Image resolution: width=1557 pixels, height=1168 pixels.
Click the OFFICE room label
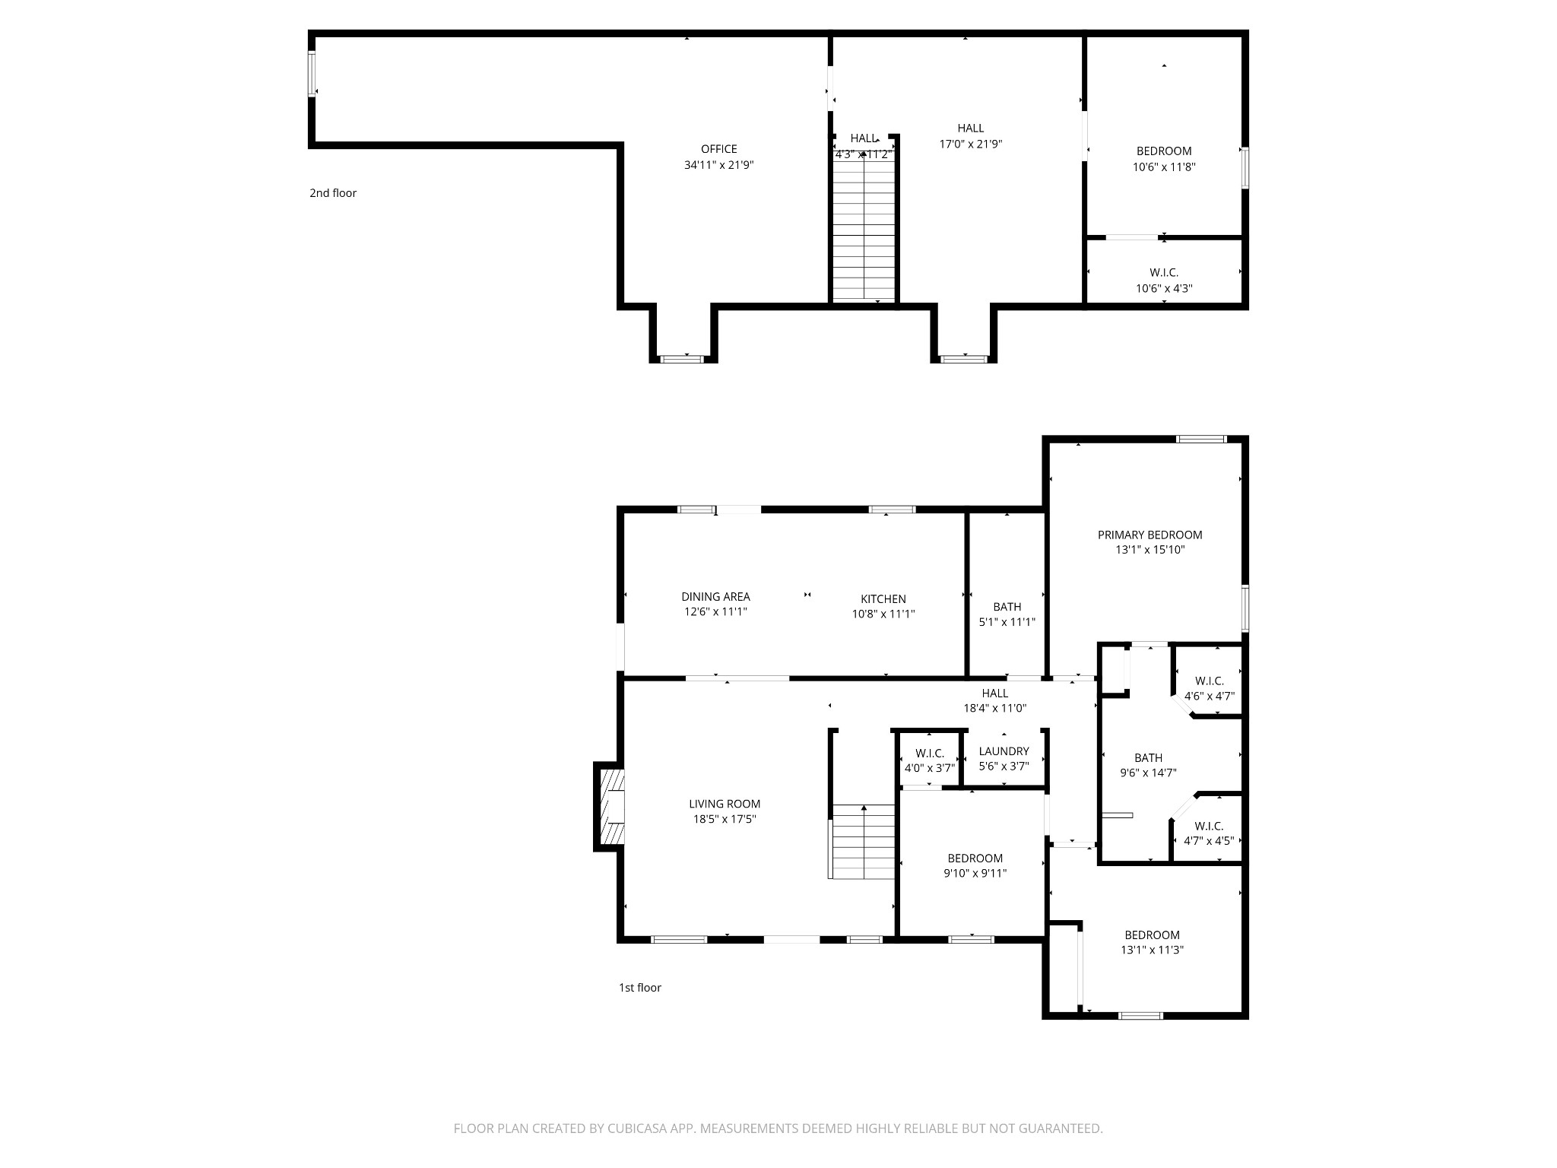[718, 149]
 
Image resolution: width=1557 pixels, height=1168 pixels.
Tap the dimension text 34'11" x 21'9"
[718, 165]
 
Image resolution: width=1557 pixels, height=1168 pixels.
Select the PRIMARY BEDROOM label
[1150, 535]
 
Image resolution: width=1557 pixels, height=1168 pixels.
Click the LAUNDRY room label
[1004, 751]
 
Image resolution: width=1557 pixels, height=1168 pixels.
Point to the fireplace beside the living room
[610, 808]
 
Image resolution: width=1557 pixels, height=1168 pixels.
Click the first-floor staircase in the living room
[863, 842]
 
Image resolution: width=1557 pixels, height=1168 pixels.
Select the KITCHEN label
[883, 599]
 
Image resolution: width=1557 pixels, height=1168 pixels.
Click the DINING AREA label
[715, 597]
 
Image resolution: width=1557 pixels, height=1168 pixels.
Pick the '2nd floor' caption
[333, 193]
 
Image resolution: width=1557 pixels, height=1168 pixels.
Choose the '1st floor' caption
[639, 988]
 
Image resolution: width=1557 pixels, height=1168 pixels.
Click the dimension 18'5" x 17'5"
[724, 819]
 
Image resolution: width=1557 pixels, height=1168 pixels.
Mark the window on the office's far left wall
[312, 74]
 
